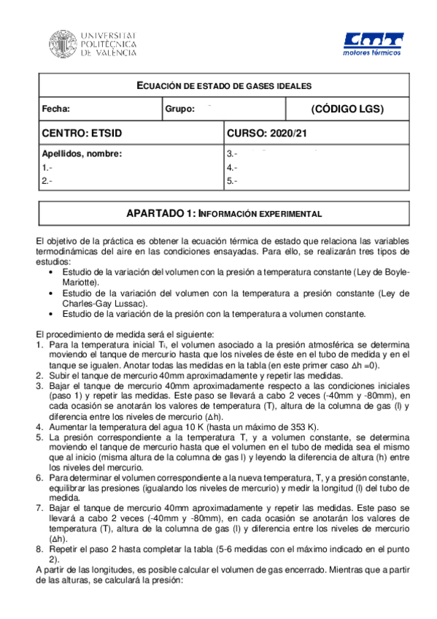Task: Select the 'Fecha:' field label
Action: pos(56,109)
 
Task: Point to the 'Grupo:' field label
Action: pos(179,109)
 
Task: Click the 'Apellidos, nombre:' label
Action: pos(82,154)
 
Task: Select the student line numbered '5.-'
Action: pos(233,180)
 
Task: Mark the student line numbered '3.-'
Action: pos(233,154)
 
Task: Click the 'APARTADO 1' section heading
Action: pos(218,213)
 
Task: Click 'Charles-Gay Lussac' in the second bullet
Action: pos(102,304)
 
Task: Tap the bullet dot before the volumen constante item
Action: pos(49,315)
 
